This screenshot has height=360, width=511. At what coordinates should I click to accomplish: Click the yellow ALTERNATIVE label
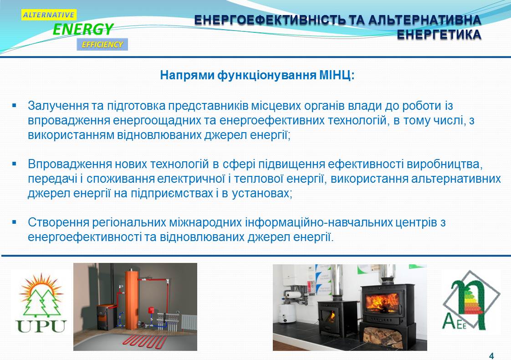(x=49, y=15)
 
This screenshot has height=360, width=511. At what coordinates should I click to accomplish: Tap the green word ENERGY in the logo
(x=83, y=29)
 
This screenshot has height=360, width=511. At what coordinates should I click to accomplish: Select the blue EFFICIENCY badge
(x=102, y=44)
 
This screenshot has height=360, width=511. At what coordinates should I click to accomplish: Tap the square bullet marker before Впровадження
(x=14, y=164)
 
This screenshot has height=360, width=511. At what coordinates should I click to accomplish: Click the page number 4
(x=491, y=356)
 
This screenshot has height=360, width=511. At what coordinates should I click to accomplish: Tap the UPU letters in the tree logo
(x=41, y=326)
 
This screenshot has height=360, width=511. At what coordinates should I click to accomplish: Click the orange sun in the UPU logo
(x=41, y=287)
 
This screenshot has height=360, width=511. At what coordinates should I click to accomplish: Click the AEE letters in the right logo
(x=454, y=322)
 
